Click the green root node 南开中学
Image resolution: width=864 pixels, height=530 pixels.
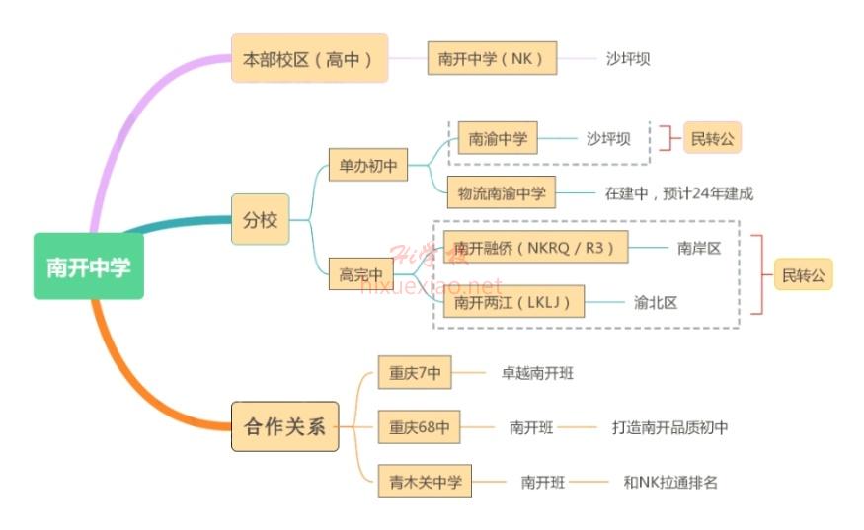click(x=88, y=266)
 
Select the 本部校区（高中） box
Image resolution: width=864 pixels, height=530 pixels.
click(x=308, y=58)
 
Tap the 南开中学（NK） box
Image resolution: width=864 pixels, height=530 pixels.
click(x=492, y=58)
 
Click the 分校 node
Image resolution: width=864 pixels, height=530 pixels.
click(x=260, y=219)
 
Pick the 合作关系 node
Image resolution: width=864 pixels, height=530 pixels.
click(x=284, y=427)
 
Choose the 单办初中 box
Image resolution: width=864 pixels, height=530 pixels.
click(x=367, y=166)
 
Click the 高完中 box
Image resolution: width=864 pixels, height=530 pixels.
click(x=359, y=274)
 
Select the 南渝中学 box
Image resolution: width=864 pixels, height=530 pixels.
click(x=497, y=138)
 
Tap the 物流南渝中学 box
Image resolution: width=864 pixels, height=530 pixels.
click(x=501, y=192)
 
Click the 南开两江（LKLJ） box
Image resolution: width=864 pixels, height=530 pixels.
click(x=513, y=302)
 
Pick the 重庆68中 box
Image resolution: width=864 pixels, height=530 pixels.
click(x=419, y=427)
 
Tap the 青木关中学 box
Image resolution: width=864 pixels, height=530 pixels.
click(x=425, y=483)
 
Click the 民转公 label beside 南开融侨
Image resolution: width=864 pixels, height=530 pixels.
click(x=803, y=274)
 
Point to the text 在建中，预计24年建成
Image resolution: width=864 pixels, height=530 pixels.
click(x=678, y=193)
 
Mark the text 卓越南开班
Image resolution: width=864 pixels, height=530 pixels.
click(x=537, y=374)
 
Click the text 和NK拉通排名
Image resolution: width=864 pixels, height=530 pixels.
click(x=670, y=483)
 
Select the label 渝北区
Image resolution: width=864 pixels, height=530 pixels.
click(x=656, y=302)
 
